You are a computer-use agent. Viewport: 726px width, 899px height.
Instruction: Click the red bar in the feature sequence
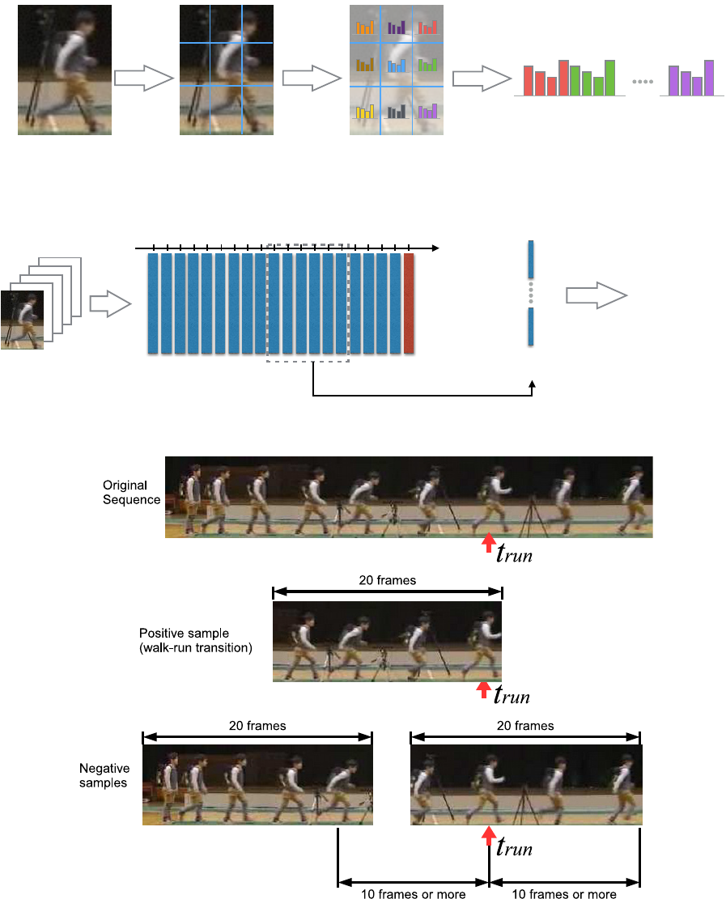[409, 303]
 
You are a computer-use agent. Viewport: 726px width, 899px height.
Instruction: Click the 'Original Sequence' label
[131, 493]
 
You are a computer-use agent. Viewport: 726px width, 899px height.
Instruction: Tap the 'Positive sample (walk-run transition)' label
[196, 640]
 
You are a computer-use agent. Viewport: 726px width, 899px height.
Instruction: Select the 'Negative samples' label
[104, 775]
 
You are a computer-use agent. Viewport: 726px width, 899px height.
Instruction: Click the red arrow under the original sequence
[489, 542]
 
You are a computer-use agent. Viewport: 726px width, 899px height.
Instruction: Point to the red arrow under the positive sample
[484, 689]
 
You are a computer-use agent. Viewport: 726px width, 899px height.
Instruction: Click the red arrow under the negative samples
[489, 835]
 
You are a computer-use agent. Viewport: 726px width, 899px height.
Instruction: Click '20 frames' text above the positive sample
[388, 580]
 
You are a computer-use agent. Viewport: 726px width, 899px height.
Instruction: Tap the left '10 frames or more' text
[414, 893]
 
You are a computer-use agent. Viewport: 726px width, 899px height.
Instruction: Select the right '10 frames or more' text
[564, 893]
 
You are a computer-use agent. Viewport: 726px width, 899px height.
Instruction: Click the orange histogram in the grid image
[365, 28]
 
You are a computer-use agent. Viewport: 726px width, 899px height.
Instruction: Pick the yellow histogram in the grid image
[365, 111]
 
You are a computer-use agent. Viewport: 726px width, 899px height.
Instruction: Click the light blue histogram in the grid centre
[397, 66]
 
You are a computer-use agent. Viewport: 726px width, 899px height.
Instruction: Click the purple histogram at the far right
[691, 78]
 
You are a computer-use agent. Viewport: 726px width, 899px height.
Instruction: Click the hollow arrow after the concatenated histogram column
[597, 295]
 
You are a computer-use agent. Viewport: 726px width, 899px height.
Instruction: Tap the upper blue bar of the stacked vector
[531, 260]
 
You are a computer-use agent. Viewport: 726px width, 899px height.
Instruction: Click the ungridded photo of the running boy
[65, 70]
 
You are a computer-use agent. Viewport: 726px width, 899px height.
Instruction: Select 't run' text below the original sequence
[515, 553]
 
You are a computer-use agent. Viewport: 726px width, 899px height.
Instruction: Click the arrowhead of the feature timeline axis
[435, 248]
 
